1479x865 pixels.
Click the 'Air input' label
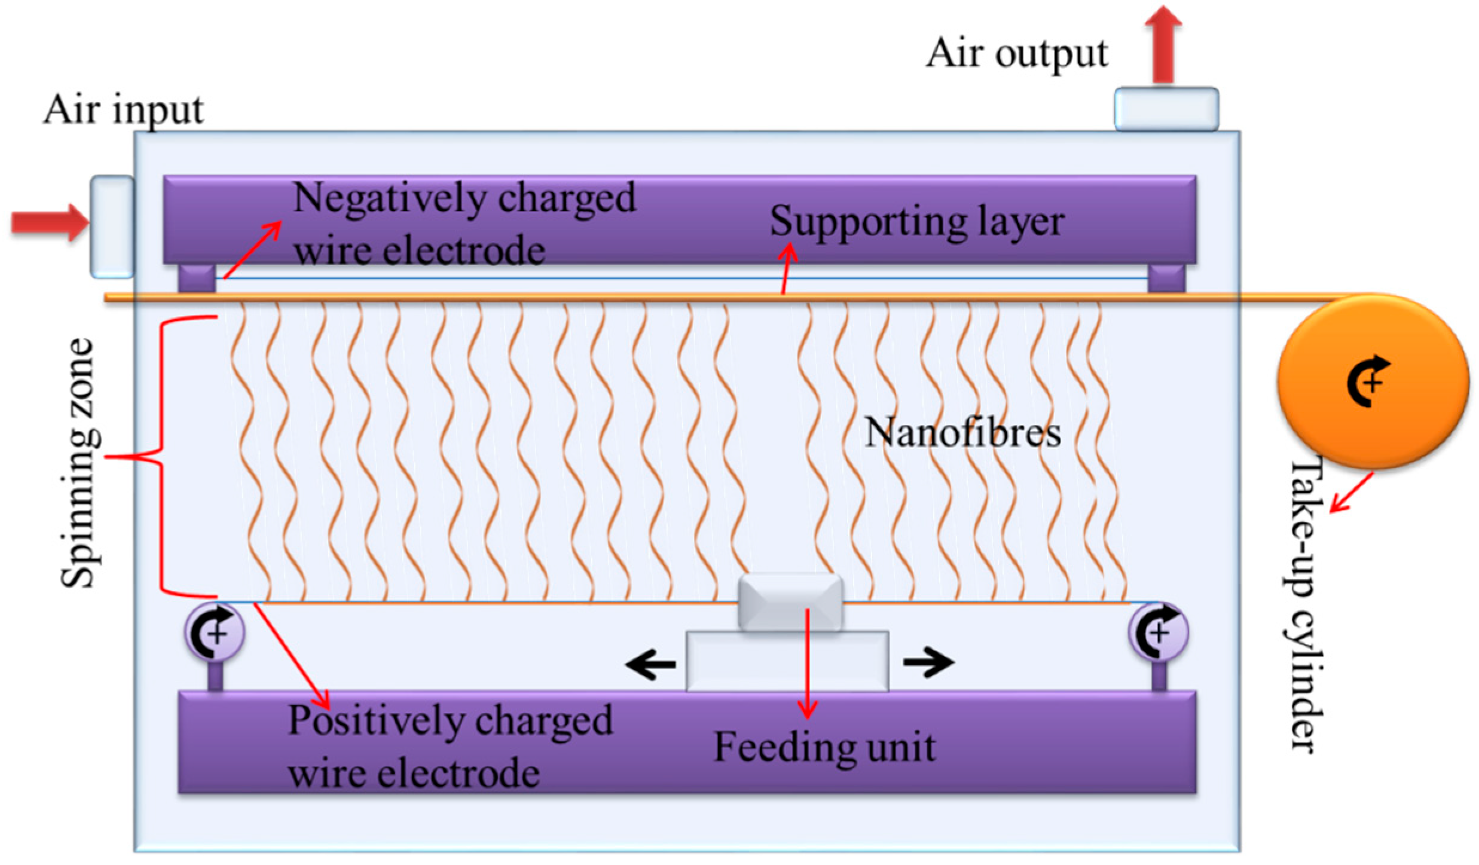123,111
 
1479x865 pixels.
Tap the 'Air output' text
1016,54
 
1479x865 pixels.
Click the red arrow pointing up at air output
1163,45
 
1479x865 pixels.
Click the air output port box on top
1166,109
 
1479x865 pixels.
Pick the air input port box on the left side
112,227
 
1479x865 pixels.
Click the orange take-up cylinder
1373,381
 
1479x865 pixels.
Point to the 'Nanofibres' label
962,433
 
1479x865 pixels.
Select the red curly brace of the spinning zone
160,457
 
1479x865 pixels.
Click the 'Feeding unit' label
824,747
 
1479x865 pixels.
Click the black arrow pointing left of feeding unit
650,664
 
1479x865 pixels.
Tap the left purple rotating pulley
215,632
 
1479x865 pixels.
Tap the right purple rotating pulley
1158,632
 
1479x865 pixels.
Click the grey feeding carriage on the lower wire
790,603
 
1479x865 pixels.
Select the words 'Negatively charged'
464,198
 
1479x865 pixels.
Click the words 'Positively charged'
450,721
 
